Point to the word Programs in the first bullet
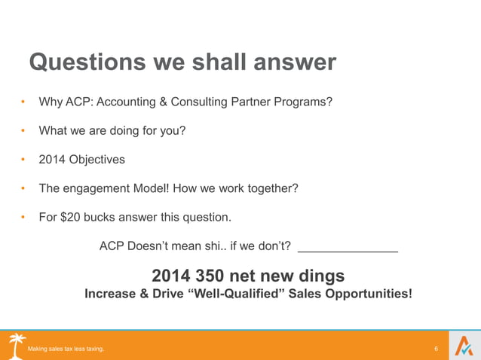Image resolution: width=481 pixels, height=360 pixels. pos(305,102)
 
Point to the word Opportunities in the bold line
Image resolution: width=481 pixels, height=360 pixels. pos(369,294)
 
